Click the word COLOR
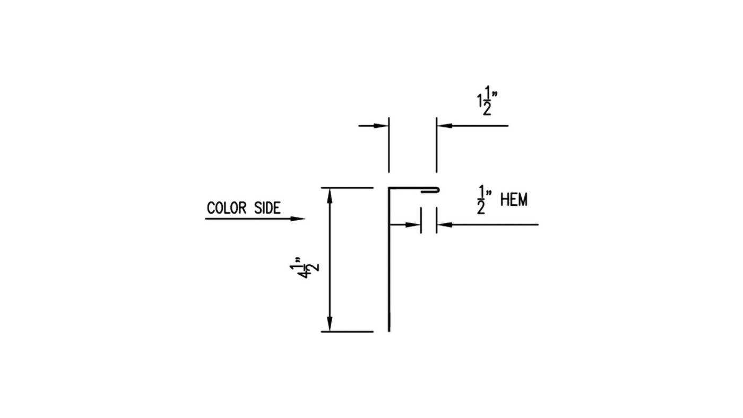[227, 208]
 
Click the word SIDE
[267, 208]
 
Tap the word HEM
[514, 200]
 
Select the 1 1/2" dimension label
[487, 100]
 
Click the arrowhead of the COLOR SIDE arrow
[298, 219]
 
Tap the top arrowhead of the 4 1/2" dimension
[330, 196]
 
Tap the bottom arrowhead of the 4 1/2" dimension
[330, 324]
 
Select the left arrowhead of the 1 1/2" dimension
[381, 126]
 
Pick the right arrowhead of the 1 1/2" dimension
[445, 126]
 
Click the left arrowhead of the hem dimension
[413, 225]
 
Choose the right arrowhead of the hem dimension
[445, 225]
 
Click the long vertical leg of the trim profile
[389, 259]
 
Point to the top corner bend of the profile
[389, 188]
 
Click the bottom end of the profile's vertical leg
[389, 331]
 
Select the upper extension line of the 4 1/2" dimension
[347, 188]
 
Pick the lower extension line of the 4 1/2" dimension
[347, 332]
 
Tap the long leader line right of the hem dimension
[488, 225]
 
